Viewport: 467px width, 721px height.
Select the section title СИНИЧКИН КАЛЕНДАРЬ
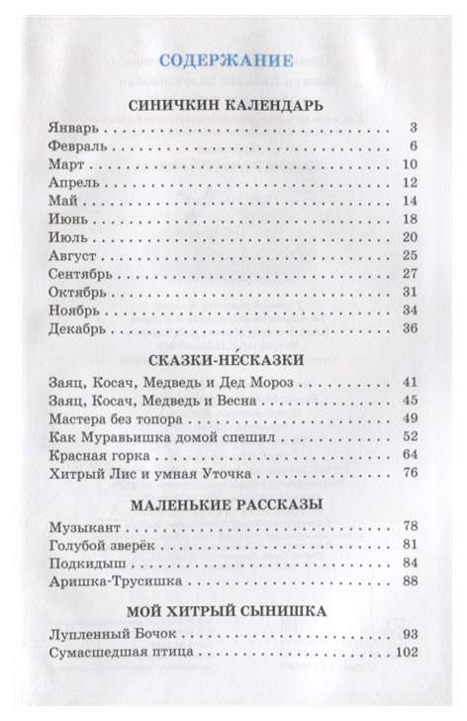(233, 104)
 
